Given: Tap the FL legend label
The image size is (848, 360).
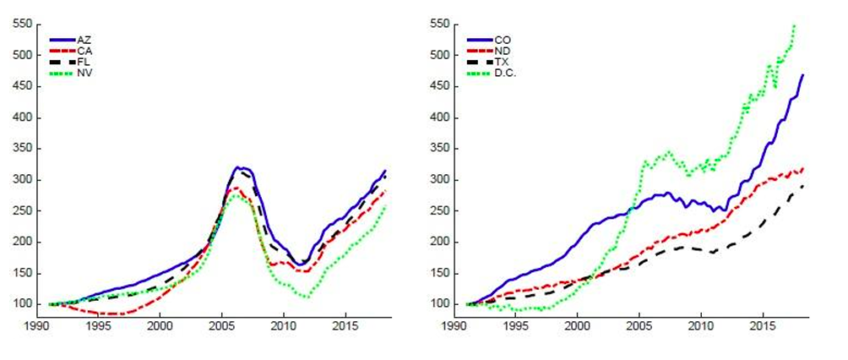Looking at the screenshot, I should click(83, 62).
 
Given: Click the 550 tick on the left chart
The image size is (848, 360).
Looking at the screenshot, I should click(22, 25).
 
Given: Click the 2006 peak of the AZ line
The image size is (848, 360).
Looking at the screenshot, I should click(239, 167).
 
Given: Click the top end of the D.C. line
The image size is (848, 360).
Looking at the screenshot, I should click(794, 26).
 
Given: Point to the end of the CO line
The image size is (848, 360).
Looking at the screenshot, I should click(802, 75).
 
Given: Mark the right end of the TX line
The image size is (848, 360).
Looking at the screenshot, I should click(802, 186).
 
